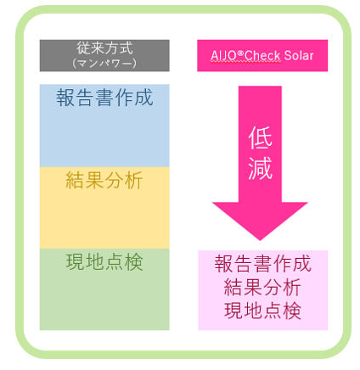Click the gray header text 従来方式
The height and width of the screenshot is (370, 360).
point(104,48)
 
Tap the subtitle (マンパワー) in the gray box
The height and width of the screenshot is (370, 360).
point(104,63)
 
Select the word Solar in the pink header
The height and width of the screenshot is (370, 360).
point(299,55)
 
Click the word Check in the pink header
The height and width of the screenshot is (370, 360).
point(262,55)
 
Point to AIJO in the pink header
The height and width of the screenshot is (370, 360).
point(223,56)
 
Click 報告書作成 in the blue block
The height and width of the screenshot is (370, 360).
point(104,98)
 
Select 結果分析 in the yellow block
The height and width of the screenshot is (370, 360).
point(104,180)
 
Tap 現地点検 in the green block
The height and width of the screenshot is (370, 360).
point(104,262)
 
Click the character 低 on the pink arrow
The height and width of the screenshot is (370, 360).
point(260,137)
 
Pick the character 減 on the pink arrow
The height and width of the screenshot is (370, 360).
point(260,168)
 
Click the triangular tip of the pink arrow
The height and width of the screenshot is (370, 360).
point(260,240)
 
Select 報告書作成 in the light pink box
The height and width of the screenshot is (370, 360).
point(262,263)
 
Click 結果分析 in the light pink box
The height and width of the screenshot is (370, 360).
point(262,287)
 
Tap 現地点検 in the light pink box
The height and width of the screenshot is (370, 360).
point(262,311)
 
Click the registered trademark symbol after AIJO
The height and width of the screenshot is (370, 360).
point(240,53)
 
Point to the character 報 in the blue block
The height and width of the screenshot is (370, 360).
point(65,98)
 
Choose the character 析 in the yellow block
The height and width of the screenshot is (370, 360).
point(134,180)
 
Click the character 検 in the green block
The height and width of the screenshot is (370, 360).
point(134,262)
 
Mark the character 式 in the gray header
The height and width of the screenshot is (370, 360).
point(126,48)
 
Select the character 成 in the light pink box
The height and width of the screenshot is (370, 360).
point(302,263)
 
